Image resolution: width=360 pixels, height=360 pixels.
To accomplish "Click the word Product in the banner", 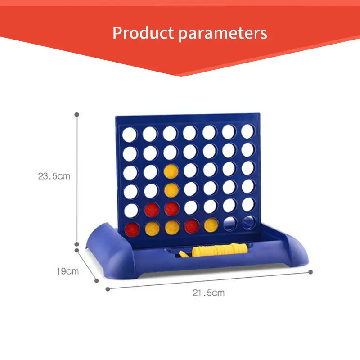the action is (x=143, y=32).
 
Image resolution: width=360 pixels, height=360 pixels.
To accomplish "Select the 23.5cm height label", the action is (x=54, y=176).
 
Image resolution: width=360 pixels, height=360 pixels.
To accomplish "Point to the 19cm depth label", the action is (x=68, y=271).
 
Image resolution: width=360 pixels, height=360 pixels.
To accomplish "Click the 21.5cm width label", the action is (x=208, y=293).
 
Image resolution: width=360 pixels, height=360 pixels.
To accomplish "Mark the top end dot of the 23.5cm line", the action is (x=77, y=115).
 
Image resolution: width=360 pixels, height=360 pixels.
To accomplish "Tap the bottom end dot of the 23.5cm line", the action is (x=77, y=244).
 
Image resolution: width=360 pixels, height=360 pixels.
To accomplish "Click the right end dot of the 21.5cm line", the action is (x=310, y=272).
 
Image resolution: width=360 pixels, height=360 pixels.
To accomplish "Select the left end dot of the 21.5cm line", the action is (x=108, y=289).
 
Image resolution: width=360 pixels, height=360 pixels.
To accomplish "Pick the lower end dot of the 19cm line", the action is (x=97, y=280).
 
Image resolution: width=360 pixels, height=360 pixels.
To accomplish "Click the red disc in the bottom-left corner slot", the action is (x=132, y=229).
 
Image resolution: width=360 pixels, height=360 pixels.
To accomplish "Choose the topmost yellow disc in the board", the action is (x=171, y=171).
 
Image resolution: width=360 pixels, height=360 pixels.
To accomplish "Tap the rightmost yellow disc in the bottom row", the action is (x=211, y=225).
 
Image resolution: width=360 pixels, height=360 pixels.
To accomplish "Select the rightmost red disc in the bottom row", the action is (x=192, y=226).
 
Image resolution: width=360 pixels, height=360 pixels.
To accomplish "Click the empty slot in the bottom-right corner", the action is (x=249, y=222).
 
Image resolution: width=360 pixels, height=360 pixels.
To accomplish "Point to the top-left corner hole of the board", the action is (x=130, y=135).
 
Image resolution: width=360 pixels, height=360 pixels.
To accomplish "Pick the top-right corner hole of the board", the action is (x=247, y=131).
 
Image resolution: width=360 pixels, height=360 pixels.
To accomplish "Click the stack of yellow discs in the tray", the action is (x=220, y=250).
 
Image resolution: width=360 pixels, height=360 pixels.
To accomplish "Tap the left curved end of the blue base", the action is (x=108, y=249).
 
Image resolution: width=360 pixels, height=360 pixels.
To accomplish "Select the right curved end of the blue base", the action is (x=296, y=249).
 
